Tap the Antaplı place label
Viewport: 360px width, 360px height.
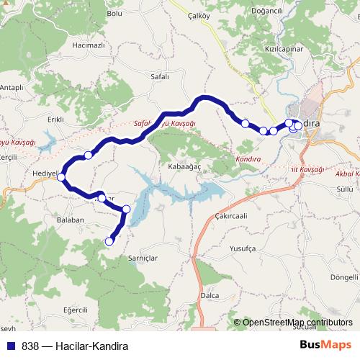click(12, 87)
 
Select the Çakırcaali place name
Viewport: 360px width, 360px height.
click(230, 215)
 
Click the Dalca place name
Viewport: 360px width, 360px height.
click(210, 294)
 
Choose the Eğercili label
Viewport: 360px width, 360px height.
click(75, 309)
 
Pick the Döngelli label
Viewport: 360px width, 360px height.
click(343, 277)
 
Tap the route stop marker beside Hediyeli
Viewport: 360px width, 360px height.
click(62, 176)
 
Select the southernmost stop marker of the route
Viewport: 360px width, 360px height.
click(110, 241)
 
